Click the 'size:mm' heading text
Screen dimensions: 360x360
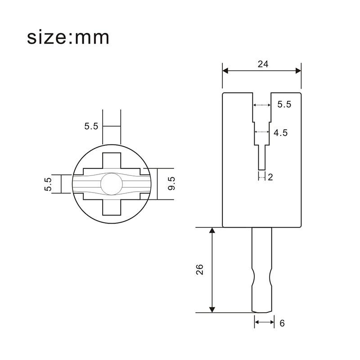point(68,38)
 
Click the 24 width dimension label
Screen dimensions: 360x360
point(263,64)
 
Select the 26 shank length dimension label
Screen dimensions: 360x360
point(200,269)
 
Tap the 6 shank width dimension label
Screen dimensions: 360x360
point(282,323)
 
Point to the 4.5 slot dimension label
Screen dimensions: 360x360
point(280,133)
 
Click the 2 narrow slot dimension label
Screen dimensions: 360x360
point(270,177)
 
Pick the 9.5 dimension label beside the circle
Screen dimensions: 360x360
point(171,184)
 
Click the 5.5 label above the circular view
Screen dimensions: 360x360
point(91,126)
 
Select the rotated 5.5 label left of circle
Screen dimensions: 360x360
point(49,184)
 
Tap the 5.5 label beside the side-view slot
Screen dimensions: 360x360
point(284,104)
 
